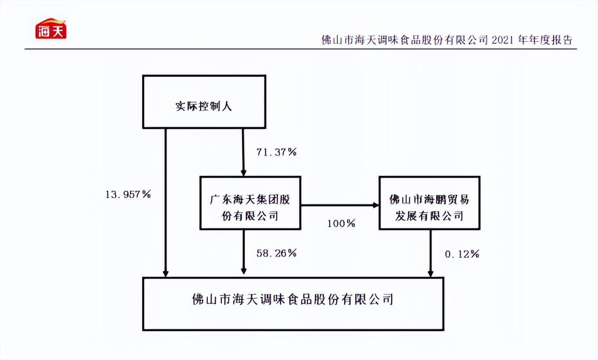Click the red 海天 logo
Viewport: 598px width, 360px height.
[51, 29]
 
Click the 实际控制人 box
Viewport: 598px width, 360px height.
[204, 102]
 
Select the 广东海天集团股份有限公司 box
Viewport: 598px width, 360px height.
[250, 203]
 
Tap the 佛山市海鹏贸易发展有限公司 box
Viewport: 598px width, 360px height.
[429, 203]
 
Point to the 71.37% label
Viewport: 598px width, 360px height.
[276, 152]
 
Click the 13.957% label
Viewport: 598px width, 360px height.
[127, 194]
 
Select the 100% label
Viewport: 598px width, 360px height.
[341, 223]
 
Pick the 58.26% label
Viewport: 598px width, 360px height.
[276, 253]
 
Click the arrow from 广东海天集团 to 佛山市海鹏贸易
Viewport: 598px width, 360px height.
[339, 205]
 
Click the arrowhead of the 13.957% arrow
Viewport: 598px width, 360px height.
[165, 273]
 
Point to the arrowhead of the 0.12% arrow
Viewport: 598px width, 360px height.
[430, 273]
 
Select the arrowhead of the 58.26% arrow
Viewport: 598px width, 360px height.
[243, 271]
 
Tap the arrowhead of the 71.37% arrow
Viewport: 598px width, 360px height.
[243, 172]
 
